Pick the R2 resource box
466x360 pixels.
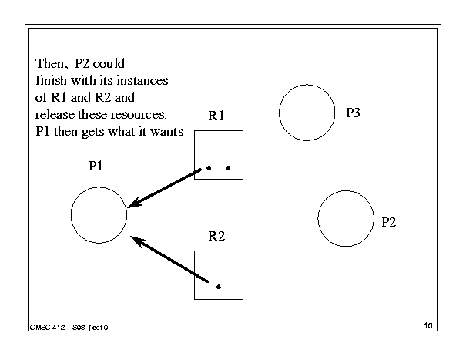219,274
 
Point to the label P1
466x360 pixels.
98,165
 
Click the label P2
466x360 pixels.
389,222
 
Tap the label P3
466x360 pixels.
353,113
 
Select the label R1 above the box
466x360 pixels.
216,116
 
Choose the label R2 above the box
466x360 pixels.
216,236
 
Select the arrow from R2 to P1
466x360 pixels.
170,261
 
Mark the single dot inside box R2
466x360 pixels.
219,287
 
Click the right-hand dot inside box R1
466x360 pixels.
228,167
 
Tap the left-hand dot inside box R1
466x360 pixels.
209,167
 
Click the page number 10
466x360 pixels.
428,327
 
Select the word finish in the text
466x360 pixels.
52,80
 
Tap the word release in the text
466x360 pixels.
55,115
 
